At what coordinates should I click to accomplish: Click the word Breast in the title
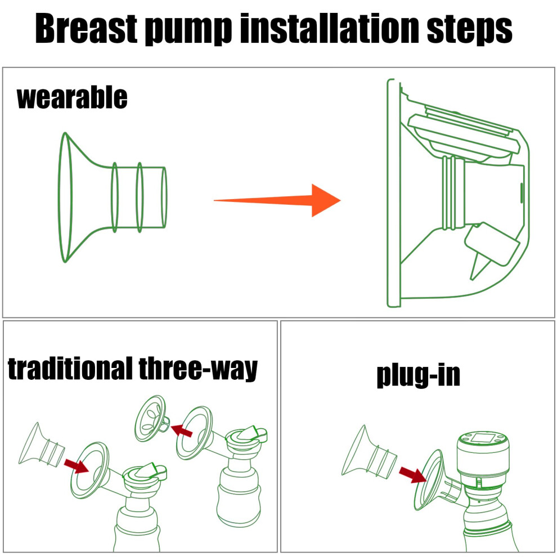(x=86, y=29)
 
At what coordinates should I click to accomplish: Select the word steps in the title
(x=469, y=30)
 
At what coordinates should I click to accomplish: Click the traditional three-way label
(x=133, y=370)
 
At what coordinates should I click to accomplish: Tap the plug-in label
(x=419, y=376)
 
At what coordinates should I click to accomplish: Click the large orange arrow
(x=277, y=200)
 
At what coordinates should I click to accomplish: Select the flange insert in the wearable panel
(x=113, y=197)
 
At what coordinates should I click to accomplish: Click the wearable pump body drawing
(x=458, y=192)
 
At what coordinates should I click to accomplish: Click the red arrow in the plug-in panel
(x=412, y=475)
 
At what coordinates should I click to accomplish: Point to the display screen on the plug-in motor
(x=483, y=437)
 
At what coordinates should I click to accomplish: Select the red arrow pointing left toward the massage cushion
(x=182, y=430)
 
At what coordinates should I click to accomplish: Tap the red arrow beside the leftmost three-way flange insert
(x=77, y=466)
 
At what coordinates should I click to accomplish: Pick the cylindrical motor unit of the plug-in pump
(x=483, y=457)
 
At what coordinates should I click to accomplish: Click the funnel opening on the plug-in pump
(x=428, y=479)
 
